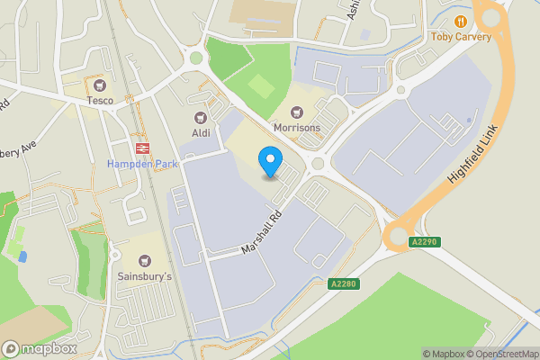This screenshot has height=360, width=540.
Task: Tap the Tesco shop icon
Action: pos(99,85)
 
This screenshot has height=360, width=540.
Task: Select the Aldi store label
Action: pos(201,132)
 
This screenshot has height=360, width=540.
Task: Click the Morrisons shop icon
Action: pos(297,112)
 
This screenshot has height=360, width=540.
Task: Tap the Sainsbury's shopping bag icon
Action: pos(145,260)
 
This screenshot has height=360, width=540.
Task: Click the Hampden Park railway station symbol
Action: pos(141,148)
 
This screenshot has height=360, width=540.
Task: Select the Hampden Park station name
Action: pos(141,165)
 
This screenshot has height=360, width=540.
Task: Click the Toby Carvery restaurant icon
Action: pos(461,21)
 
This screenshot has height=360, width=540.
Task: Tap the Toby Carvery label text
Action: pos(461,37)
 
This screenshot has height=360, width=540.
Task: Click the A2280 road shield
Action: pos(344,284)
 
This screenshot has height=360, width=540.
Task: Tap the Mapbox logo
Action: pos(38,348)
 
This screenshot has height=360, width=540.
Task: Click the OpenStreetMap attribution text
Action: pos(501,354)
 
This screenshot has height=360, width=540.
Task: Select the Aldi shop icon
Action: pos(201,117)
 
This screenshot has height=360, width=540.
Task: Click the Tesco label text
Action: pos(99,101)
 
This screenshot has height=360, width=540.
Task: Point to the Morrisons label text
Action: pos(297,128)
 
